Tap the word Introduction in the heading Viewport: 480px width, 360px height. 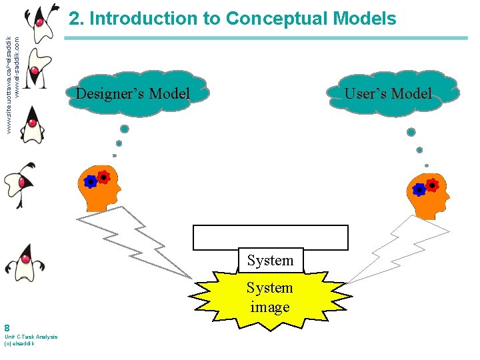(x=144, y=19)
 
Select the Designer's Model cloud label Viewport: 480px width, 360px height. (x=133, y=94)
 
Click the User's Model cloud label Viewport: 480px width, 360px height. (x=388, y=94)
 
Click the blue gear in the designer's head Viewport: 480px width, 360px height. (x=91, y=181)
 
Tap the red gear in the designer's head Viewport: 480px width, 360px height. (x=103, y=177)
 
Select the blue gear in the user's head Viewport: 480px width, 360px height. (x=419, y=190)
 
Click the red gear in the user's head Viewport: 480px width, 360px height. (x=433, y=185)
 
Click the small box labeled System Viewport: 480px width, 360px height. (x=270, y=260)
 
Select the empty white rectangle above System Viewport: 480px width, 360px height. (x=270, y=237)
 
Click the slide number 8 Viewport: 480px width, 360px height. (x=7, y=328)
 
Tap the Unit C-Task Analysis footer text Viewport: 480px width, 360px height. (x=31, y=337)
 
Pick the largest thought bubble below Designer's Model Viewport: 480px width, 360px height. (x=124, y=129)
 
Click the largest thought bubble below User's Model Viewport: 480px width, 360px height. (x=411, y=132)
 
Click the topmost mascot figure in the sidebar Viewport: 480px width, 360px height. (x=40, y=21)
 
